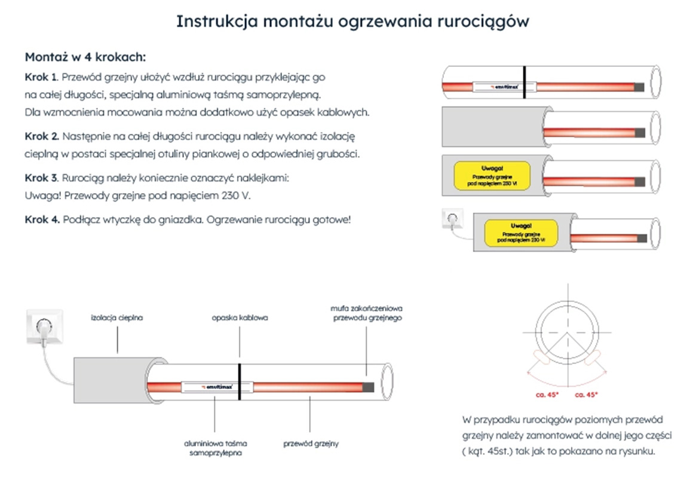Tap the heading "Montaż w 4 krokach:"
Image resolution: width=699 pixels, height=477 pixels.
(85, 57)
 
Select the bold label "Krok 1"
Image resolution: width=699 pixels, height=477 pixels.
(41, 77)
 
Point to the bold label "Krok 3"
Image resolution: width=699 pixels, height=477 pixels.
(41, 178)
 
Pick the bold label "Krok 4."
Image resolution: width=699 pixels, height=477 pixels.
(42, 219)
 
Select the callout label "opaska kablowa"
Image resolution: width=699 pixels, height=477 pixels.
(240, 318)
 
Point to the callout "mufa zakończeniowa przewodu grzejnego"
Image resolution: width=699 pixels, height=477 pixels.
(366, 313)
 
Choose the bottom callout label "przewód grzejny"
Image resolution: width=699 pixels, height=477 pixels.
(311, 444)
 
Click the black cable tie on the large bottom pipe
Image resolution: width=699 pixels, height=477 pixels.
(240, 381)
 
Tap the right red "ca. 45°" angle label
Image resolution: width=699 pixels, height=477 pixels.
(585, 394)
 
